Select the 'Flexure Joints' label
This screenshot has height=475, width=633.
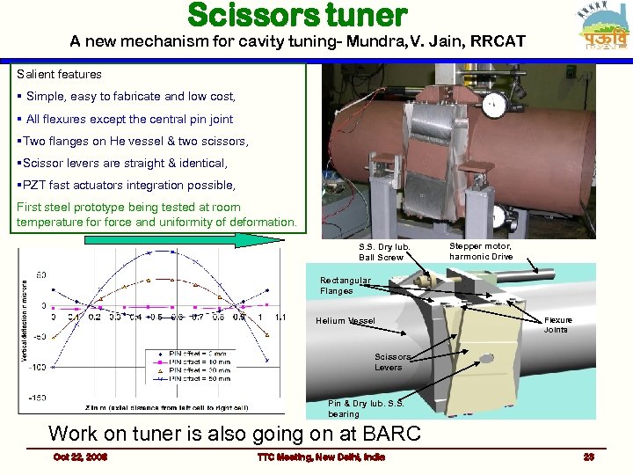coord(557,325)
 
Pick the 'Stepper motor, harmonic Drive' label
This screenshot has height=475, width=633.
coord(481,252)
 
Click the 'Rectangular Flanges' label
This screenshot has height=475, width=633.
coord(345,286)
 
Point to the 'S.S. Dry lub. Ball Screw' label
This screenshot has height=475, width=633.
coord(380,252)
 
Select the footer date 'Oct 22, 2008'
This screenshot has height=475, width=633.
coord(80,457)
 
